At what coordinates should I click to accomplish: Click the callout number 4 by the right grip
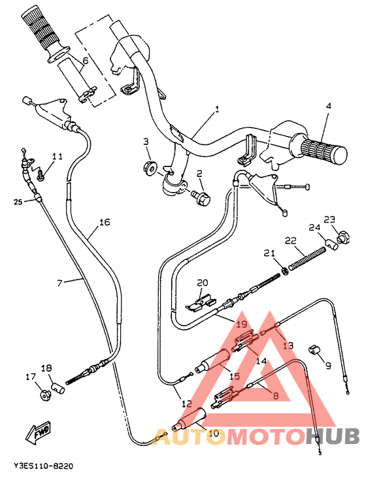click(329, 106)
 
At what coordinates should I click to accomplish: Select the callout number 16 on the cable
click(104, 223)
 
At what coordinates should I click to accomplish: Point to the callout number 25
click(18, 202)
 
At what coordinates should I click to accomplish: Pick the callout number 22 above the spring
click(290, 241)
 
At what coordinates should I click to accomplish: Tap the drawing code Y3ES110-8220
click(43, 466)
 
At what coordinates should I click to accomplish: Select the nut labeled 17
click(43, 394)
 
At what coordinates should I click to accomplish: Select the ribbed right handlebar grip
click(322, 150)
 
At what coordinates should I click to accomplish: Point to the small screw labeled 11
click(41, 174)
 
